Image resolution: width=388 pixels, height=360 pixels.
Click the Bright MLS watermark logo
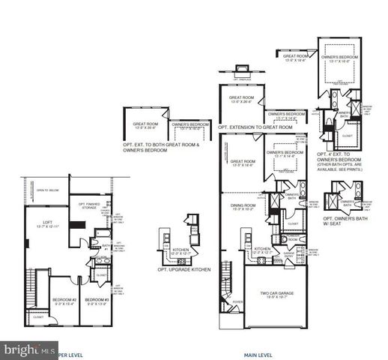point(30,349)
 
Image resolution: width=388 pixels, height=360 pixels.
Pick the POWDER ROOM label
point(291,239)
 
